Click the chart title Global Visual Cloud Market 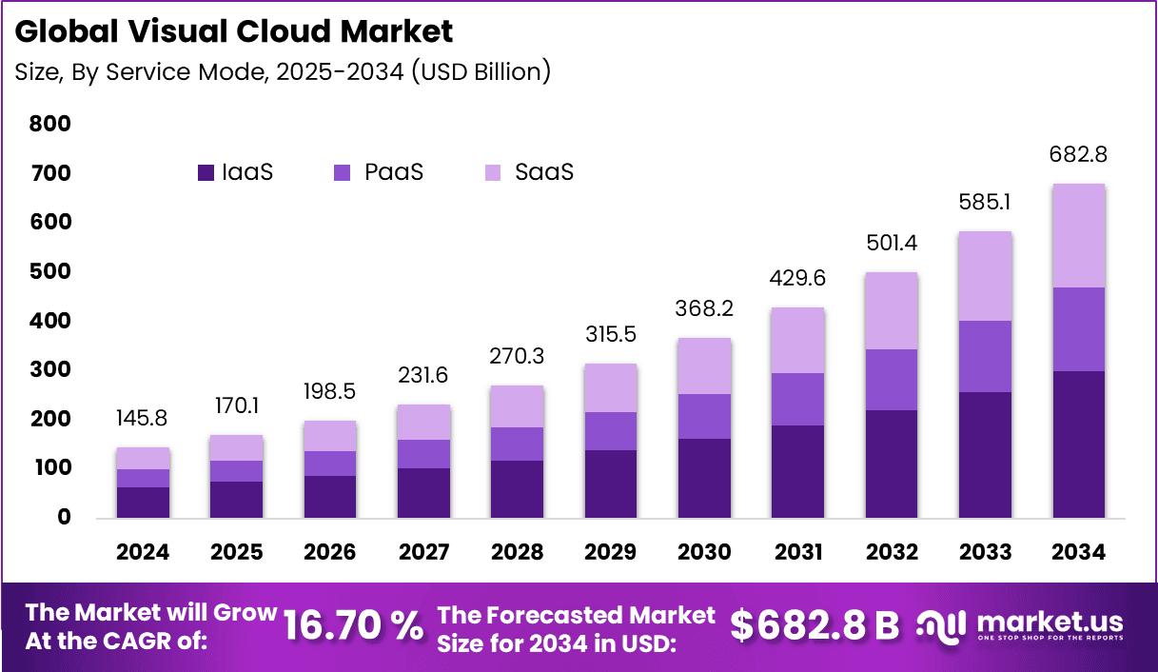pyautogui.click(x=234, y=31)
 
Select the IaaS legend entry pyautogui.click(x=236, y=172)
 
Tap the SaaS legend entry pyautogui.click(x=529, y=172)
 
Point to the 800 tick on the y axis pyautogui.click(x=50, y=124)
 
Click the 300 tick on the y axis pyautogui.click(x=50, y=369)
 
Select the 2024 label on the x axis pyautogui.click(x=143, y=552)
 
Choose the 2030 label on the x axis pyautogui.click(x=704, y=552)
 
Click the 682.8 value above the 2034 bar pyautogui.click(x=1079, y=154)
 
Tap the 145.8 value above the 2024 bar pyautogui.click(x=143, y=418)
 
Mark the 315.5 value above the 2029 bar pyautogui.click(x=611, y=334)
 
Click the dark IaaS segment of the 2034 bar pyautogui.click(x=1079, y=444)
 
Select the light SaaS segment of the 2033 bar pyautogui.click(x=985, y=276)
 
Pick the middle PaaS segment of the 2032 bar pyautogui.click(x=892, y=380)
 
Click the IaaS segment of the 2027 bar pyautogui.click(x=423, y=492)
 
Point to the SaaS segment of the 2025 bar pyautogui.click(x=236, y=447)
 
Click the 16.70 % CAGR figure pyautogui.click(x=354, y=625)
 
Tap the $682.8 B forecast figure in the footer pyautogui.click(x=815, y=625)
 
